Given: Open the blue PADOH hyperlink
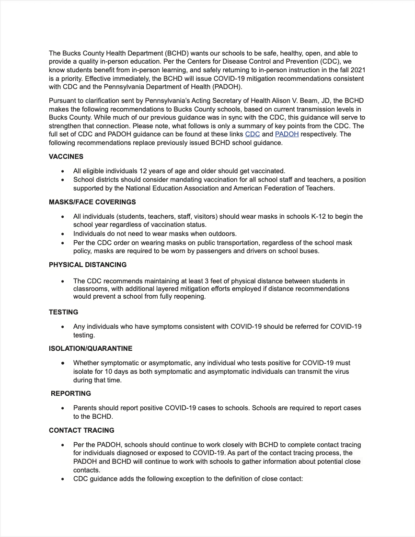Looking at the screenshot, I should point(287,134).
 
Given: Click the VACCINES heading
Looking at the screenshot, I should point(66,157).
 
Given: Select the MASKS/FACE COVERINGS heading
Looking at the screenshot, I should point(92,202).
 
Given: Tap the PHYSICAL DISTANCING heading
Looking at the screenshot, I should point(88,265).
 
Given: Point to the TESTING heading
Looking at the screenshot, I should point(64,312).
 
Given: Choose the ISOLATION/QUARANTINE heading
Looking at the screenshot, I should point(91,348).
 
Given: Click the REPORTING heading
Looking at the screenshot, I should point(71,393).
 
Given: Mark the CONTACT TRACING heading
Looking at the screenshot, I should point(81,430).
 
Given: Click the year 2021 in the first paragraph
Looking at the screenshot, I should point(357,69).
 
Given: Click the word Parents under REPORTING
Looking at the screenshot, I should point(86,408).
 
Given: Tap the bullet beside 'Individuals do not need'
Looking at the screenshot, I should point(63,234).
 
